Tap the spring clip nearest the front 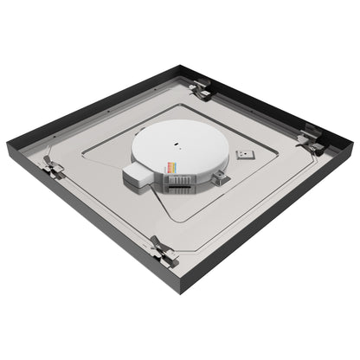click(163, 251)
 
